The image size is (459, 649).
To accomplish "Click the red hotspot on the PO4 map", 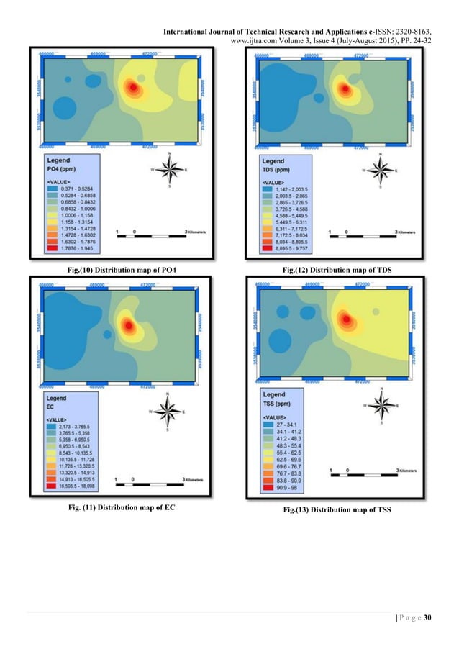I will click(132, 88).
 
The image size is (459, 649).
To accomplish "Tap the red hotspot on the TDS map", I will click(345, 89).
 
